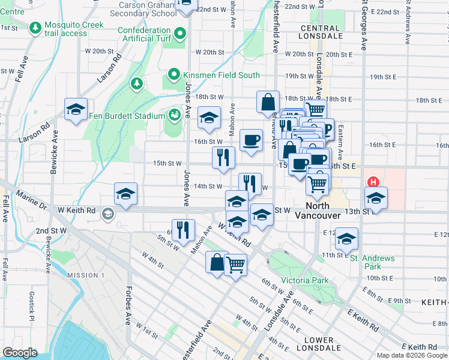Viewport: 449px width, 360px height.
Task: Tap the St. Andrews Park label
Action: [x=373, y=262]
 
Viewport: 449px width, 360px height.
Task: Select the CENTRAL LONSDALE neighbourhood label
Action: [x=320, y=32]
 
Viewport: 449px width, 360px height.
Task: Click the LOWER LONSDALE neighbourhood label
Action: [x=319, y=344]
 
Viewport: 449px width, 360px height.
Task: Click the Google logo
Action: [x=20, y=352]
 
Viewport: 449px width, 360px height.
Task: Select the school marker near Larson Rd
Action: [x=76, y=109]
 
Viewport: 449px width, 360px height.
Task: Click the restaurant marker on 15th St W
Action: [x=223, y=158]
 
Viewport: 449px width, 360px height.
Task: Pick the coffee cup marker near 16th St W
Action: [x=252, y=140]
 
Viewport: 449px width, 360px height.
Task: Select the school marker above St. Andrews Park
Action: [x=346, y=238]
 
